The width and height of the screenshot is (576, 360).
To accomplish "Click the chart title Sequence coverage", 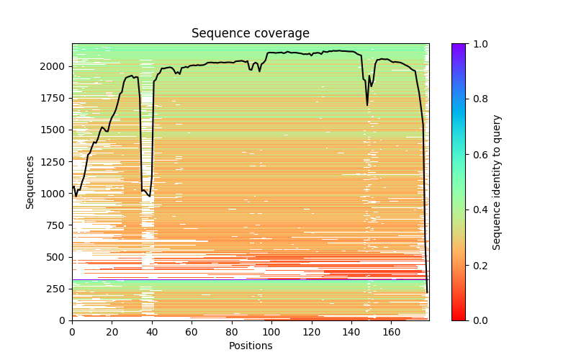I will click(250, 33).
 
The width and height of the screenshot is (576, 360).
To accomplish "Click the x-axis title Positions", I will click(250, 346).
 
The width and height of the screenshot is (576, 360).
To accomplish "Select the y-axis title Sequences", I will click(30, 181).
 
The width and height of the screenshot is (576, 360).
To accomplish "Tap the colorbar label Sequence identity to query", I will click(497, 181).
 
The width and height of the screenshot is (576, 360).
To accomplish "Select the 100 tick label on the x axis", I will click(271, 333).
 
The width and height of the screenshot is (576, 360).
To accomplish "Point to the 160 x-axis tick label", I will click(391, 333).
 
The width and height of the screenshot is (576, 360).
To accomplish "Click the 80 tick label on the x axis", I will click(232, 333).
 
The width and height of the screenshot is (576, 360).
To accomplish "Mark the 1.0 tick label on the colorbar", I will click(478, 44).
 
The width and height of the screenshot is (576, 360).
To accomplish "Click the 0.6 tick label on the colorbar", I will click(478, 155).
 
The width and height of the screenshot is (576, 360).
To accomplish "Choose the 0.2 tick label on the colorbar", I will click(478, 265).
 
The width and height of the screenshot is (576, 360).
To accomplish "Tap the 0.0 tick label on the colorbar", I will click(478, 320).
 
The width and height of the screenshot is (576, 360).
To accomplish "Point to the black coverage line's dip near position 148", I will click(367, 105).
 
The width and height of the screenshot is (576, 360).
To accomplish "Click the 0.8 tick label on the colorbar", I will click(478, 99).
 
